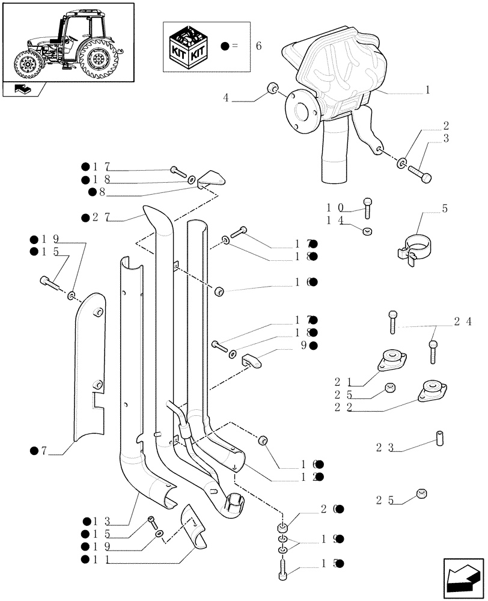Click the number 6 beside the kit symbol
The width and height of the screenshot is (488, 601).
pyautogui.click(x=258, y=46)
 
